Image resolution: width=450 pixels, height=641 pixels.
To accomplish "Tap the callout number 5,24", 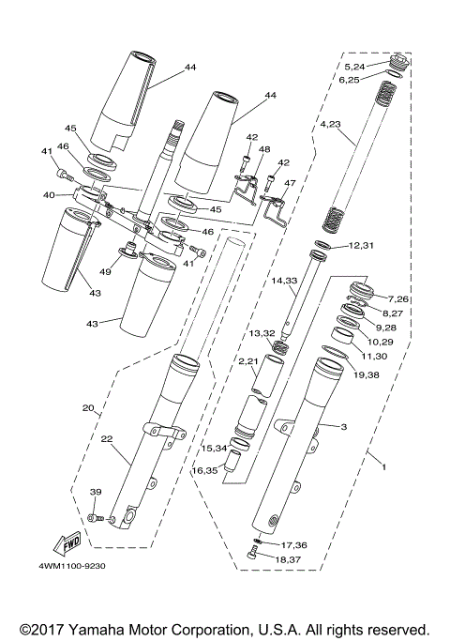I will click(x=356, y=68).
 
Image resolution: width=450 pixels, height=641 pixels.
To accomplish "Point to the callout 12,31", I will click(x=361, y=246).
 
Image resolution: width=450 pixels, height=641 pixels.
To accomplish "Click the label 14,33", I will click(x=284, y=280).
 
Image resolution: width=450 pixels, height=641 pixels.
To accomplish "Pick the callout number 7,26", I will click(x=398, y=298).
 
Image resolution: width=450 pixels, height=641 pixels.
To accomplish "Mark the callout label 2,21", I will click(x=247, y=360).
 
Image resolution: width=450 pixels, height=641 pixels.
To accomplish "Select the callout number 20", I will click(x=89, y=408).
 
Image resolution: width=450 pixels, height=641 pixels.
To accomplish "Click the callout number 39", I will click(x=95, y=493).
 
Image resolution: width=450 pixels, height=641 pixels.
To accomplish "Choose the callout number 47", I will click(x=290, y=184).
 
